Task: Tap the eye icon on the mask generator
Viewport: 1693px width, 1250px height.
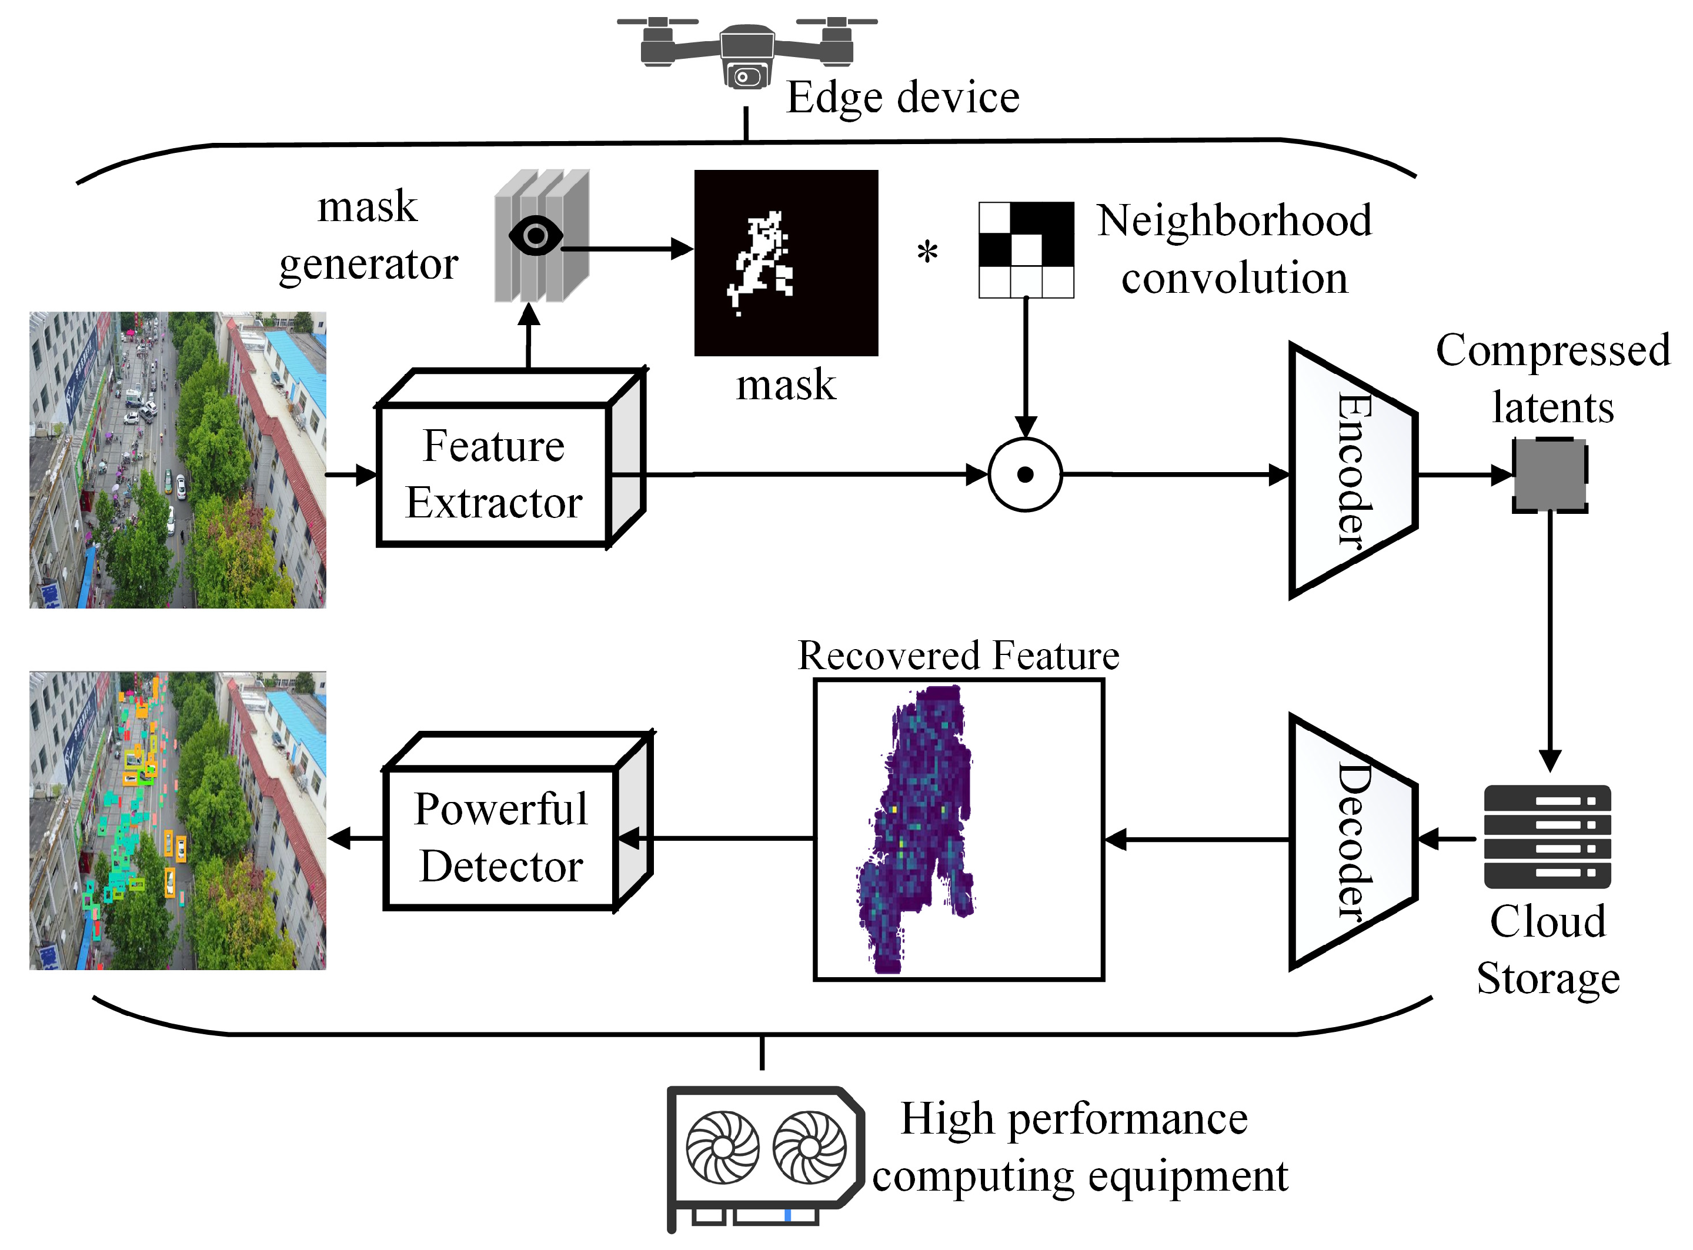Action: [536, 236]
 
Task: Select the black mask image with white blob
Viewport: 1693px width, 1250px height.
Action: [786, 263]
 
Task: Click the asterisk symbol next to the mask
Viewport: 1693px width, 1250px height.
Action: [927, 252]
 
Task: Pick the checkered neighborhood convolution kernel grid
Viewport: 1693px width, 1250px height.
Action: [1026, 250]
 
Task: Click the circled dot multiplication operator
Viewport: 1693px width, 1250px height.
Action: [1025, 474]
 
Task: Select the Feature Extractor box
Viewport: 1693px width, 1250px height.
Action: [494, 474]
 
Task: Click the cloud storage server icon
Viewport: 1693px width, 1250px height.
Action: [1547, 836]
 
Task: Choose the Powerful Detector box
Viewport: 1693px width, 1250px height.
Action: [501, 838]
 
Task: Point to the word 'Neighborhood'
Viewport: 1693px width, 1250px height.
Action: [1234, 221]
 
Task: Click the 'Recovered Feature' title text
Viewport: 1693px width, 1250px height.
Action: [958, 655]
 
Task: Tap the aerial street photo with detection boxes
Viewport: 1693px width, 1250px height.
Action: [178, 820]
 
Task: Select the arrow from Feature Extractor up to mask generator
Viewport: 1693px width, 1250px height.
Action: [529, 337]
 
